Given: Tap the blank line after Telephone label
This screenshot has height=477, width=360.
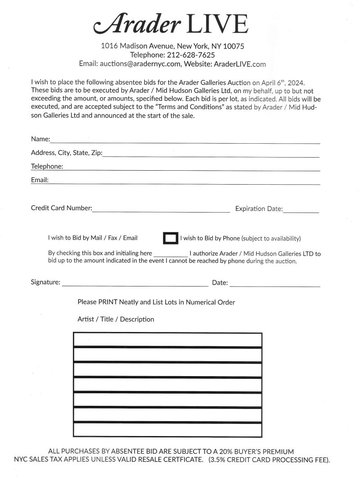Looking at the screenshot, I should click(x=191, y=167).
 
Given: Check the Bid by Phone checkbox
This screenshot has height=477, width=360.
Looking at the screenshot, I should click(x=171, y=238).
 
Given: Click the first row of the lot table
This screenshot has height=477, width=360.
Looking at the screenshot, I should click(x=167, y=340).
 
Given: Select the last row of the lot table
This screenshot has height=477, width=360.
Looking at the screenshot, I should click(x=167, y=430).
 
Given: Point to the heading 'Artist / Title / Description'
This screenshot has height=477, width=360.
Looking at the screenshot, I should click(x=116, y=319).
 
